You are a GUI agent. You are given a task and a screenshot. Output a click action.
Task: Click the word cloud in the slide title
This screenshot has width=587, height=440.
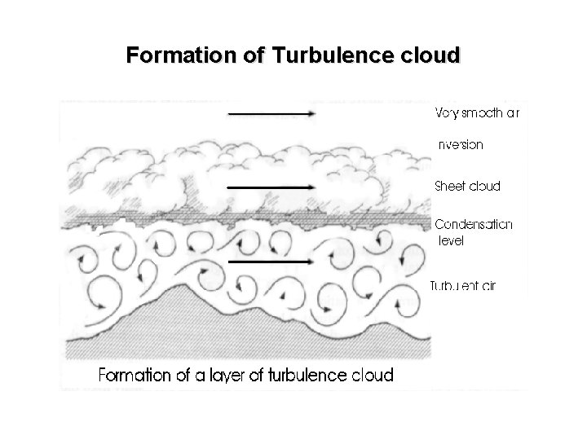(430, 56)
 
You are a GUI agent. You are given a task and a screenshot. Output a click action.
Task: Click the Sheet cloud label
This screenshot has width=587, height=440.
(468, 186)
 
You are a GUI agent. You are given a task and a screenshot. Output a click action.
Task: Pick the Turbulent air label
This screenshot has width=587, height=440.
(463, 285)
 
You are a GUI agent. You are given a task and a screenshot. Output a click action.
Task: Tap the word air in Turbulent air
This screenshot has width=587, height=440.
(487, 285)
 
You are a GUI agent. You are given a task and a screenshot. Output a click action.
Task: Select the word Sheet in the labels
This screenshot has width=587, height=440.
(449, 186)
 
